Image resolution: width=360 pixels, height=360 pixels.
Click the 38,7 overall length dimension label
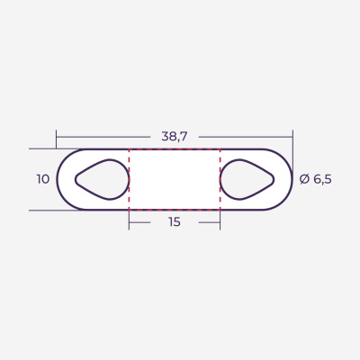174,137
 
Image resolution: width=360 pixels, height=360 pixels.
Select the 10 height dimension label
43,179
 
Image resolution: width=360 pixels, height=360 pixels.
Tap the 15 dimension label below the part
174,221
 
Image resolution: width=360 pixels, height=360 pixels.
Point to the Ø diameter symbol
304,179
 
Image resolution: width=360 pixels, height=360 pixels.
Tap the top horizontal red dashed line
174,149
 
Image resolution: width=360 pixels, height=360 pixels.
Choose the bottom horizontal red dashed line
174,210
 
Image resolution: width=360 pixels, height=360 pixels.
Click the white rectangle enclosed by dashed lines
174,179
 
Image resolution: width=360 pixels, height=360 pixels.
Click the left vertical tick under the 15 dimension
129,220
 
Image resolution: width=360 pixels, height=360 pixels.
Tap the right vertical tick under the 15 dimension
220,220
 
